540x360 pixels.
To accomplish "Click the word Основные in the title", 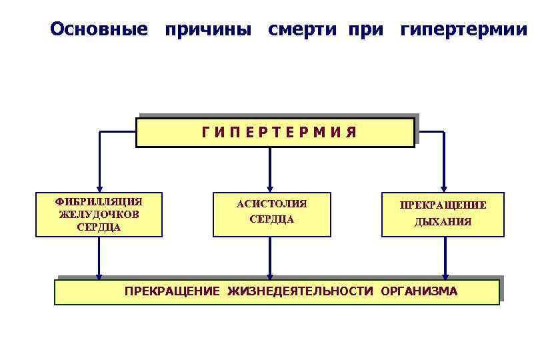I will [x=99, y=29].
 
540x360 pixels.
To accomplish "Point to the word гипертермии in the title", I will [x=463, y=29].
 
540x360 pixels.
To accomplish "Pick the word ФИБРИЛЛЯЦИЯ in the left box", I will [x=99, y=201].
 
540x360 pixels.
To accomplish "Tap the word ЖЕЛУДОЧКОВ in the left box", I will [x=99, y=214].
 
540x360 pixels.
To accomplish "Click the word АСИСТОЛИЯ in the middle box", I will [x=272, y=204].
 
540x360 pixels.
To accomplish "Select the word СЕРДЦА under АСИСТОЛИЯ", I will [x=272, y=219].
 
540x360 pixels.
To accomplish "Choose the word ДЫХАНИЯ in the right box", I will [x=443, y=222].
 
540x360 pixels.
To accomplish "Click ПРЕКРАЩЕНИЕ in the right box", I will [x=443, y=205].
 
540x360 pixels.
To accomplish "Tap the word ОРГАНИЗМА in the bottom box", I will [x=419, y=291].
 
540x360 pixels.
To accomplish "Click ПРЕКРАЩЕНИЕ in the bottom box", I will [x=173, y=291].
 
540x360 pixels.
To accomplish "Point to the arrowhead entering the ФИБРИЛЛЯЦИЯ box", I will [x=99, y=188].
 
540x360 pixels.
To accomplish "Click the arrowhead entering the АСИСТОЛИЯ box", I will [x=270, y=188].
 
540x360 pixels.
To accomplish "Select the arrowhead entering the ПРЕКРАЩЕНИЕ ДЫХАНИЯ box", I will [x=444, y=188].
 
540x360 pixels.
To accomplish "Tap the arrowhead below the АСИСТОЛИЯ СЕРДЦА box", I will [x=270, y=275].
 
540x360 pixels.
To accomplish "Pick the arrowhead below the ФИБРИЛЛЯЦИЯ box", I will [x=99, y=275].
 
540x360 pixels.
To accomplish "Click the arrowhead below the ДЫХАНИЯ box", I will [x=445, y=275].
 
